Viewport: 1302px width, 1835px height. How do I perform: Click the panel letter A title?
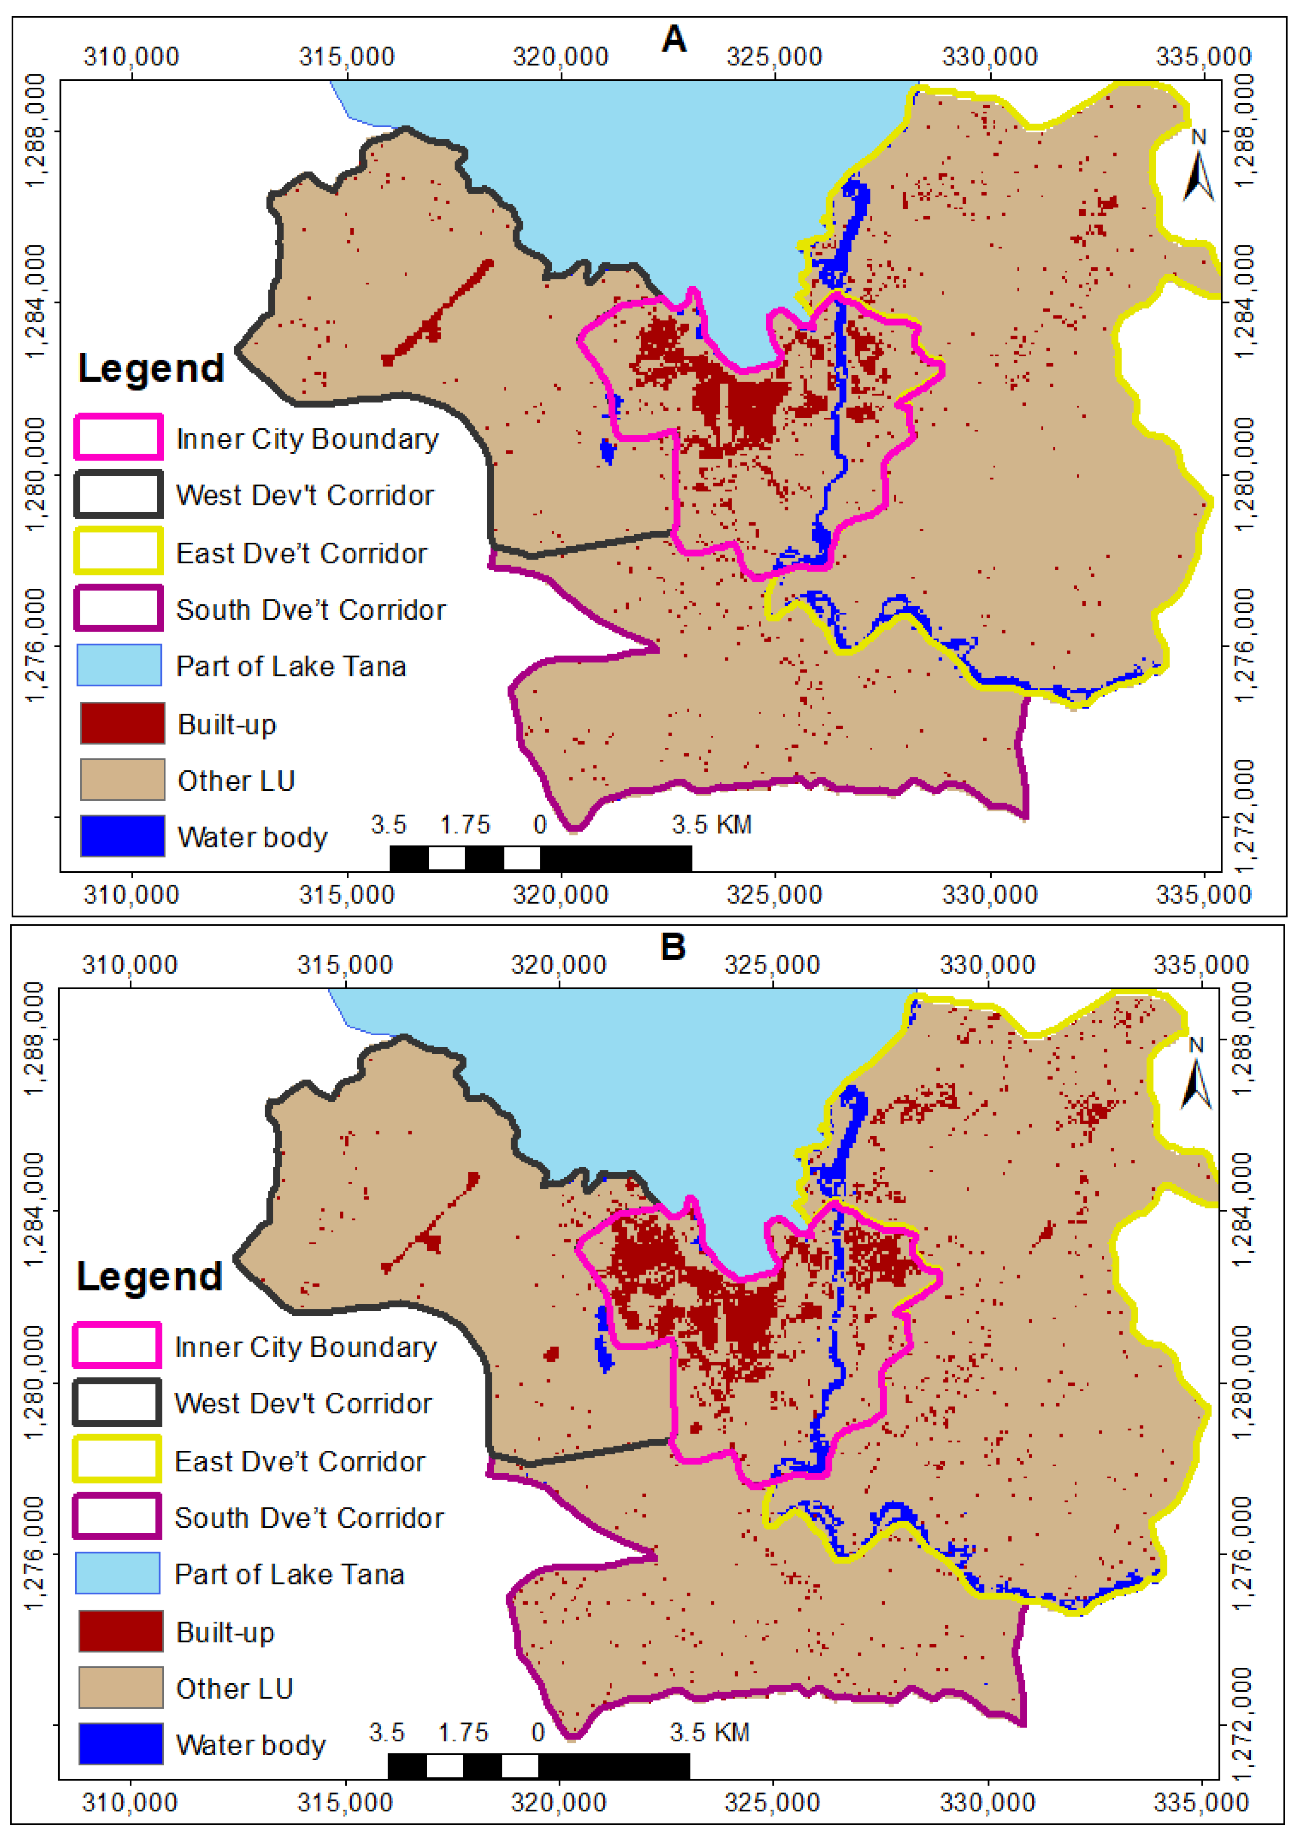(x=673, y=39)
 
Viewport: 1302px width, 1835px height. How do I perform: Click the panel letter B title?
(x=672, y=947)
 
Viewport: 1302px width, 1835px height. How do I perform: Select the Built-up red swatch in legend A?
(x=122, y=723)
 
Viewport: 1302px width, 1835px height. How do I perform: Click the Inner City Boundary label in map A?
(x=307, y=439)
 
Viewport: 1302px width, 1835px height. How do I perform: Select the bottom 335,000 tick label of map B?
(x=1201, y=1803)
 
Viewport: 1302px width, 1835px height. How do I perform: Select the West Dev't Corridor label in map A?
(x=305, y=495)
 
